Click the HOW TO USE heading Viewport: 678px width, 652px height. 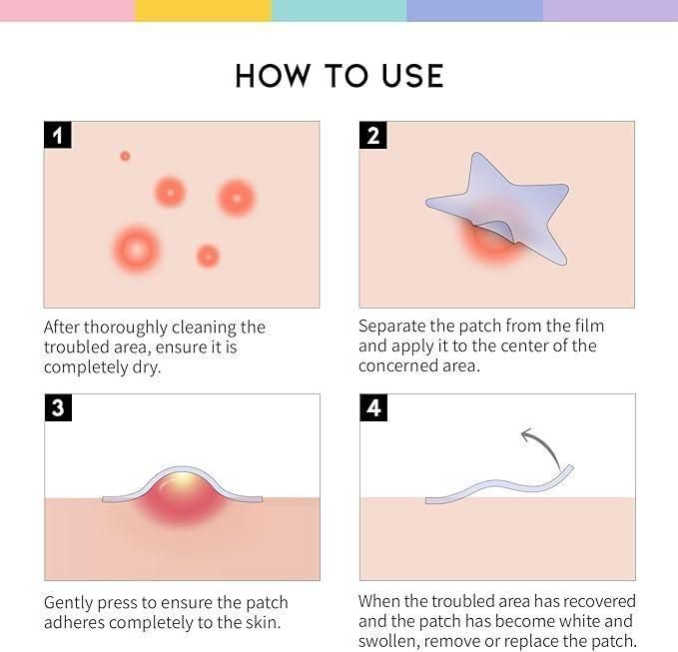(x=339, y=76)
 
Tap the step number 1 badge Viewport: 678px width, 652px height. (x=58, y=135)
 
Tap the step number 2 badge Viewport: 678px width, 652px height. (x=373, y=135)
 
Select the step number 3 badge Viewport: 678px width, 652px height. (x=58, y=407)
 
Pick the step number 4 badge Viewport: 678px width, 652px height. (x=373, y=407)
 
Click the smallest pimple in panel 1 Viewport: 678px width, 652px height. (x=125, y=156)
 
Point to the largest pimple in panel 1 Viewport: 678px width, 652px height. (x=136, y=248)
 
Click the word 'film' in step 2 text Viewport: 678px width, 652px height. (x=586, y=326)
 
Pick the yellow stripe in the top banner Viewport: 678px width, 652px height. (x=203, y=10)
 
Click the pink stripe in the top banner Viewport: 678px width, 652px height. (x=67, y=10)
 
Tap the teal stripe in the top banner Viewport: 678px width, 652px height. (x=339, y=10)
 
